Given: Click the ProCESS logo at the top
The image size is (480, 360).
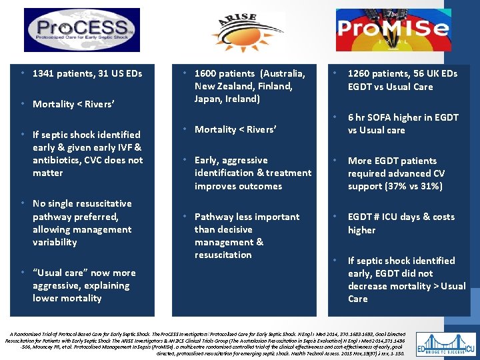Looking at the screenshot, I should (x=82, y=30).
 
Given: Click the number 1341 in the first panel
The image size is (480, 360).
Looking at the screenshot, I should (x=45, y=73).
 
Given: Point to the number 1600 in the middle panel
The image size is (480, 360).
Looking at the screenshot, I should (x=207, y=73).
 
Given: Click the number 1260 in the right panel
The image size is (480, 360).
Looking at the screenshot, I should (x=361, y=74).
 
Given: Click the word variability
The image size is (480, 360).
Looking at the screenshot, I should (x=55, y=242).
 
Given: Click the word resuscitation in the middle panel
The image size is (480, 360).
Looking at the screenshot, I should (x=223, y=255).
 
